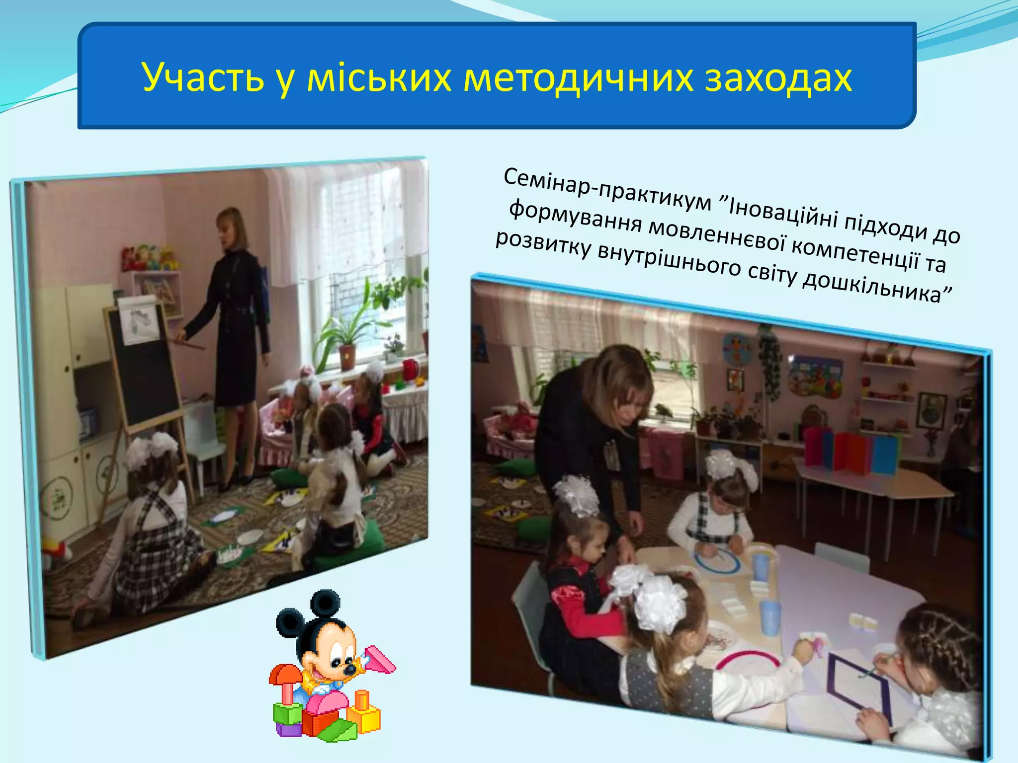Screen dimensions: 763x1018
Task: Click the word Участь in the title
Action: [x=203, y=78]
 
